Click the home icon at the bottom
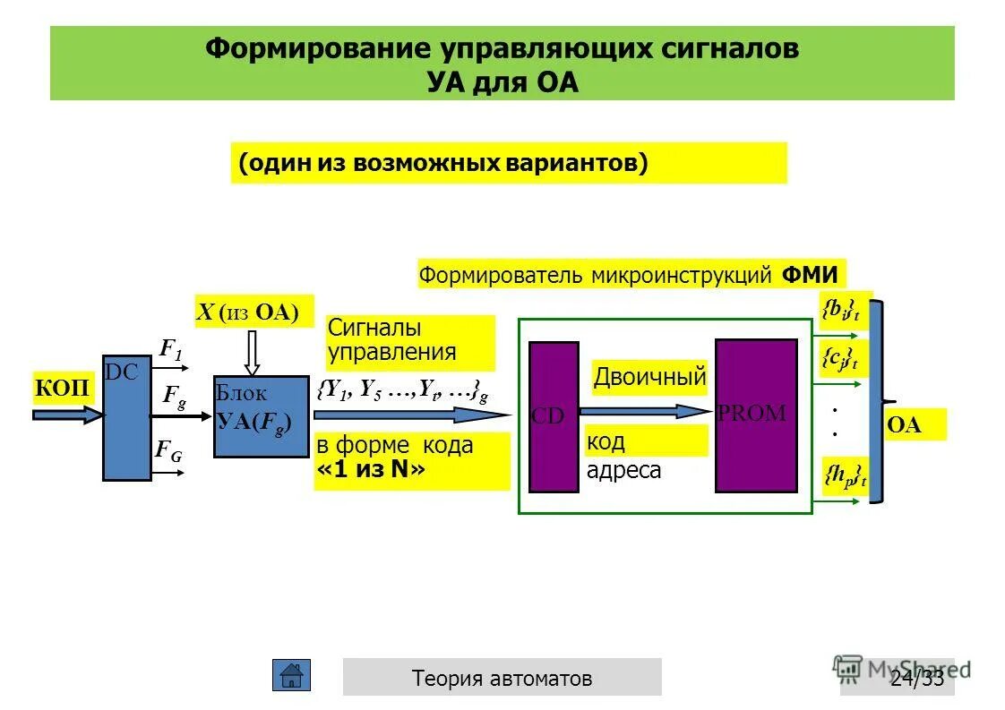(x=291, y=676)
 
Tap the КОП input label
(x=63, y=388)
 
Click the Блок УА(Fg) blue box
(x=254, y=416)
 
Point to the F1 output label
(x=170, y=350)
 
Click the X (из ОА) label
(x=253, y=312)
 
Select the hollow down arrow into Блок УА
(x=253, y=351)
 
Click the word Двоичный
(x=649, y=378)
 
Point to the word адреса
(x=624, y=470)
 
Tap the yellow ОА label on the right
(x=904, y=425)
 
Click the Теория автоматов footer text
(x=502, y=678)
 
